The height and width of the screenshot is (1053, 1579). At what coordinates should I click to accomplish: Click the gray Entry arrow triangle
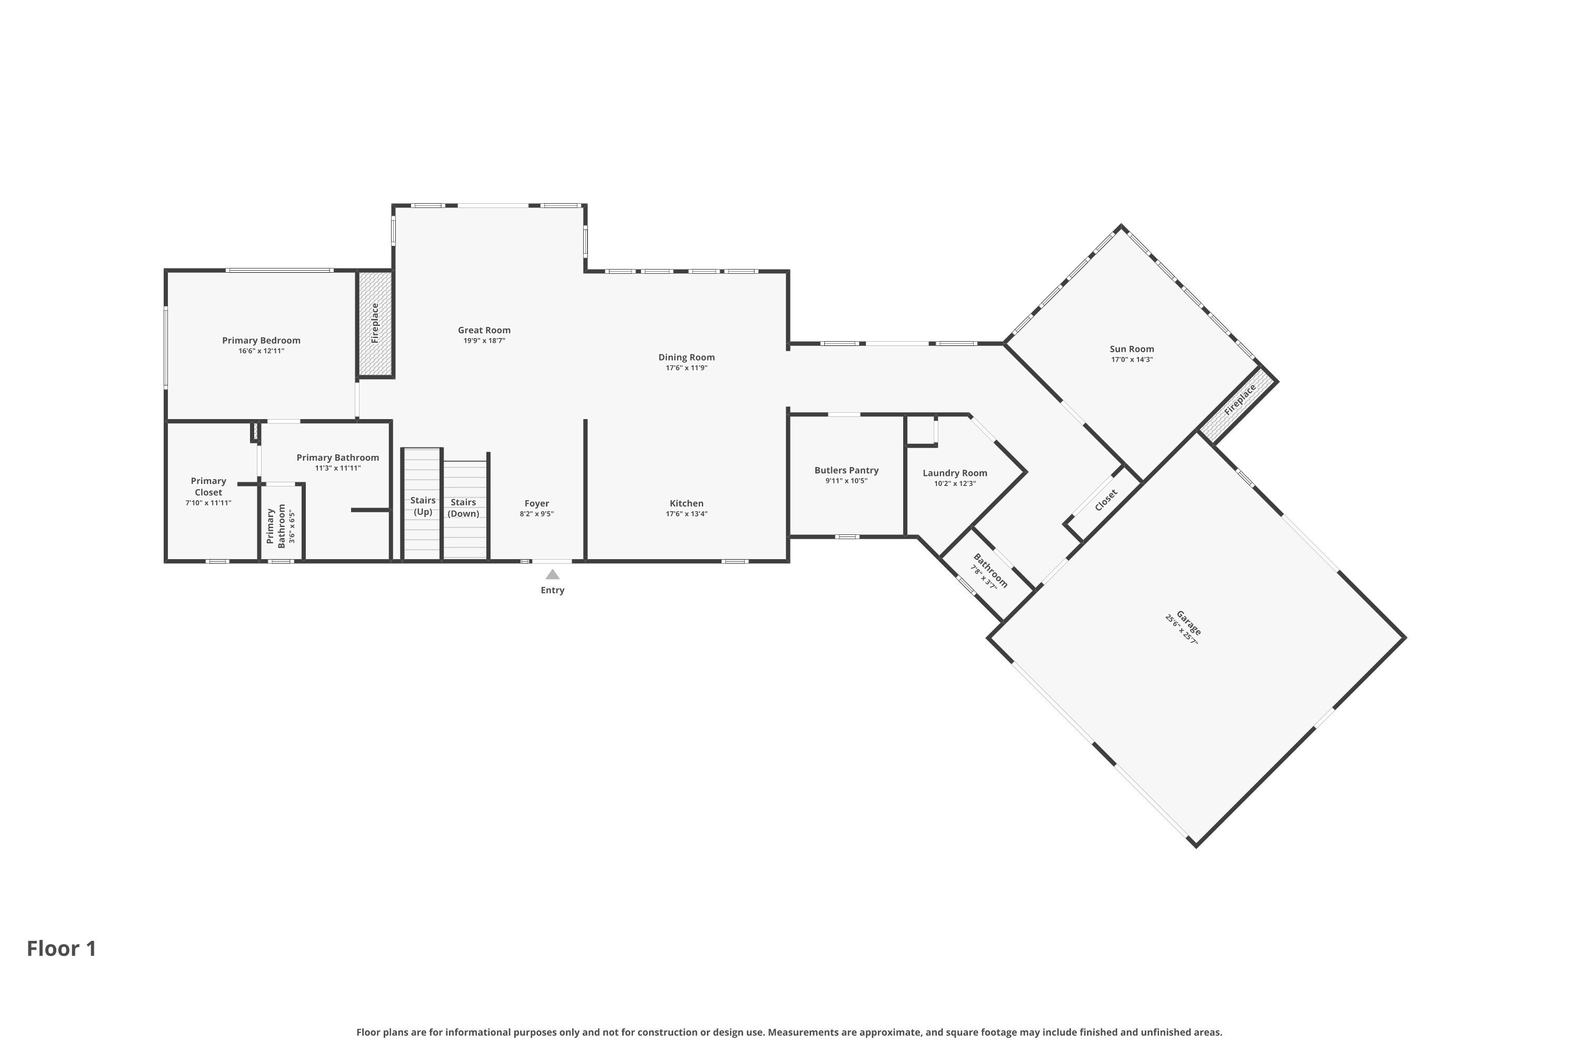click(x=553, y=574)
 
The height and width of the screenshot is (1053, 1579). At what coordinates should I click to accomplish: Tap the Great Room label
click(x=484, y=330)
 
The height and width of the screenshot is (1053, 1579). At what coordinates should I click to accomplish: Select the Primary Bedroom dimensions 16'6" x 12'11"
click(x=261, y=351)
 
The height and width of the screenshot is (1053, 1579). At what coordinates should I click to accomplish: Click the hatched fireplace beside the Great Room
click(x=375, y=323)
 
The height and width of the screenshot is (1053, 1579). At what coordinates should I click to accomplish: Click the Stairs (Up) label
click(x=423, y=505)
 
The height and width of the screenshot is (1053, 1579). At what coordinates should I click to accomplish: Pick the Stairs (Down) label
click(x=463, y=508)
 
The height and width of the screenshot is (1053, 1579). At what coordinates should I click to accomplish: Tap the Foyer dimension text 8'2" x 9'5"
click(x=536, y=514)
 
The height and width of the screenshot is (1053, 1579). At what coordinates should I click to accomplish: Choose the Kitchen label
click(x=686, y=503)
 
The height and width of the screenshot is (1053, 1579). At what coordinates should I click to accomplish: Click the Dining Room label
click(x=686, y=357)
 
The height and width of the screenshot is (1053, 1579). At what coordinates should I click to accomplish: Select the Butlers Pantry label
click(x=846, y=470)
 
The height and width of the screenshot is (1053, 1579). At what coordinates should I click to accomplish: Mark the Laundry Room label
click(x=955, y=473)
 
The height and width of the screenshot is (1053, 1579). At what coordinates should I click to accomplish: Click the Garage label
click(x=1188, y=622)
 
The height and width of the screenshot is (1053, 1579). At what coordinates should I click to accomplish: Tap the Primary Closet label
click(x=208, y=486)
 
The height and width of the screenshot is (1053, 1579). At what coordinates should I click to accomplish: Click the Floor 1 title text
click(x=62, y=948)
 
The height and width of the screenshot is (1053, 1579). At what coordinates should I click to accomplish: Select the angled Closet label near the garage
click(x=1106, y=500)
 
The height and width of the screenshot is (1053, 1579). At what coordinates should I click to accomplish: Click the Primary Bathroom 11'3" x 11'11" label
click(x=338, y=462)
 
